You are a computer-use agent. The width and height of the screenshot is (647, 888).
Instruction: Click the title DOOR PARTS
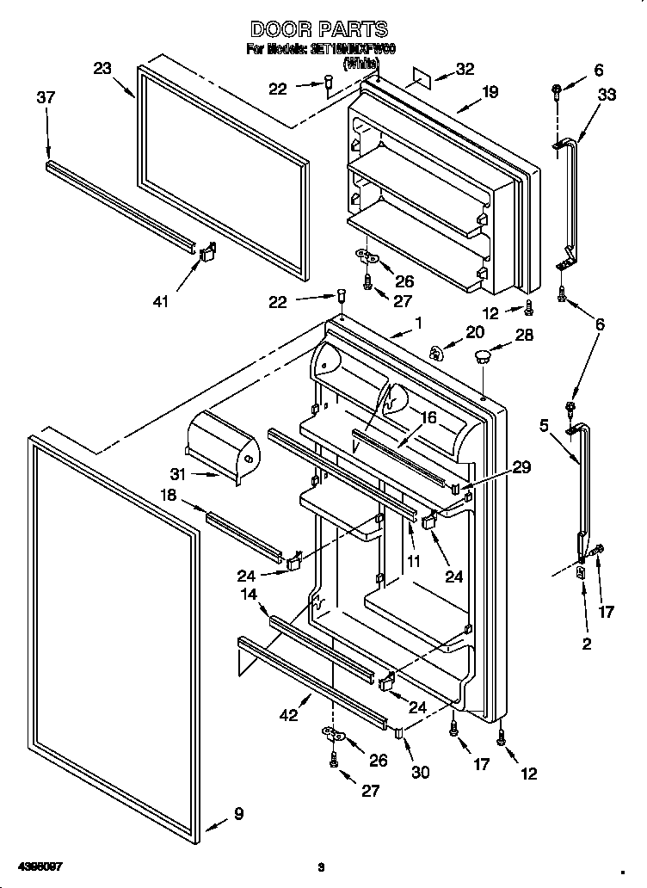click(317, 30)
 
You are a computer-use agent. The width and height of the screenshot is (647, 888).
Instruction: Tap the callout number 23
click(103, 70)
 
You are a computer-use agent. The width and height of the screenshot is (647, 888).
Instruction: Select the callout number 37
click(46, 98)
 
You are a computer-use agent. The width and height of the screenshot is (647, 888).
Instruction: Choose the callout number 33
click(607, 96)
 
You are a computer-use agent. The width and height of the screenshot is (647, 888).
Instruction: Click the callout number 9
click(237, 813)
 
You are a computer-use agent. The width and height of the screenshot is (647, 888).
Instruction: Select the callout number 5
click(544, 424)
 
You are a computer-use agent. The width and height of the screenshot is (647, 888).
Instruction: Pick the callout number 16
click(428, 418)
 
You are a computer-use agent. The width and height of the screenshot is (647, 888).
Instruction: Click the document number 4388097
click(40, 865)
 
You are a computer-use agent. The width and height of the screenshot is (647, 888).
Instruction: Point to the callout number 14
click(249, 593)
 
